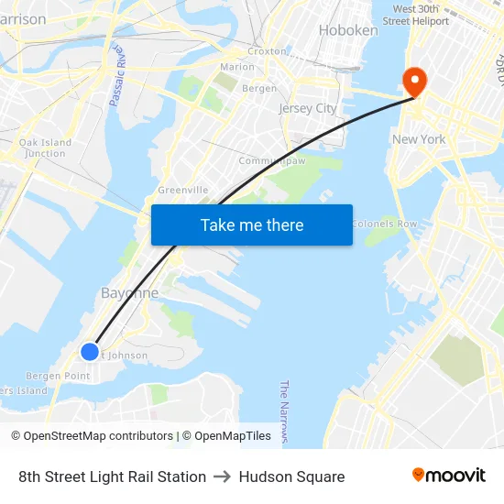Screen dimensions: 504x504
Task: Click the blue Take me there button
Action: pyautogui.click(x=252, y=225)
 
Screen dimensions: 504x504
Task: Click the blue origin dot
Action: pyautogui.click(x=90, y=352)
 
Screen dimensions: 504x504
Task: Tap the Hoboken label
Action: pyautogui.click(x=348, y=30)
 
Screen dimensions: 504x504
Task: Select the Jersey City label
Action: pyautogui.click(x=308, y=108)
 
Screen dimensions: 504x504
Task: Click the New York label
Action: pyautogui.click(x=419, y=139)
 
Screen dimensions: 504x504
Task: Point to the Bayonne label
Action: pyautogui.click(x=129, y=293)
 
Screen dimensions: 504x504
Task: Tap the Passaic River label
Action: pyautogui.click(x=116, y=72)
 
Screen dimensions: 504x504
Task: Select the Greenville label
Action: pyautogui.click(x=183, y=190)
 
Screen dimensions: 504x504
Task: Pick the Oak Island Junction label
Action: pyautogui.click(x=45, y=148)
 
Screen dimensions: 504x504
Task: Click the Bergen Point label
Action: pyautogui.click(x=58, y=377)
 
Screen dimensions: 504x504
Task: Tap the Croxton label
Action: pyautogui.click(x=267, y=51)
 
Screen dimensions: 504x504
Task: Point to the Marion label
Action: pyautogui.click(x=237, y=67)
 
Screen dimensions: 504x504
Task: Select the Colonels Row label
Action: pyautogui.click(x=384, y=224)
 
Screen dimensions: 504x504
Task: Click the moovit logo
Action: pyautogui.click(x=449, y=476)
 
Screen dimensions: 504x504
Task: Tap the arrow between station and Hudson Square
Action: pyautogui.click(x=223, y=477)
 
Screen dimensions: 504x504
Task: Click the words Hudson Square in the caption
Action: pyautogui.click(x=291, y=477)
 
